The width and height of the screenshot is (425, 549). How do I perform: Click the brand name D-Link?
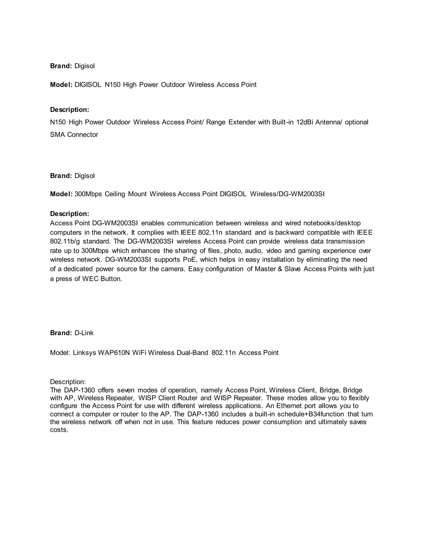click(x=84, y=333)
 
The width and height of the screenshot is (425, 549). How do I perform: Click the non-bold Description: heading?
click(x=68, y=382)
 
